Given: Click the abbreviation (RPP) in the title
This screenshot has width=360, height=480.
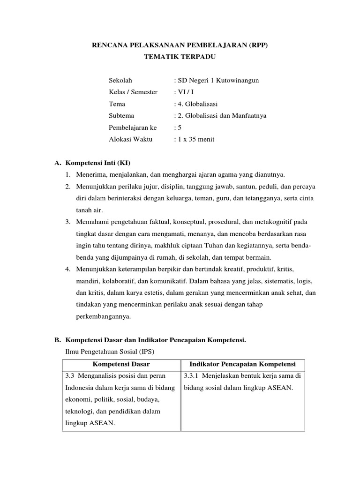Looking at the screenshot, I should tap(257, 45).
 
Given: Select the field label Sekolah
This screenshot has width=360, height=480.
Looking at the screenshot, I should tap(120, 80).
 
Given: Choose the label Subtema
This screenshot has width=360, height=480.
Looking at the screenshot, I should tap(121, 116).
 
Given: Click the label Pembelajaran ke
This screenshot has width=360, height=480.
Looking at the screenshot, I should tap(133, 127).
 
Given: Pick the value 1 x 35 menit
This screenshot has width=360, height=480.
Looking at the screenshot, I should tap(194, 139).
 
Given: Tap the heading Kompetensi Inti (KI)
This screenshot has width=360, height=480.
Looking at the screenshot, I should tap(97, 163).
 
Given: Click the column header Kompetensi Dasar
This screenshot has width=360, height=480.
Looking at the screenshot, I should tap(121, 364).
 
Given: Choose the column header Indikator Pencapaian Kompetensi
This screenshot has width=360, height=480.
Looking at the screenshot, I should tap(242, 364).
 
